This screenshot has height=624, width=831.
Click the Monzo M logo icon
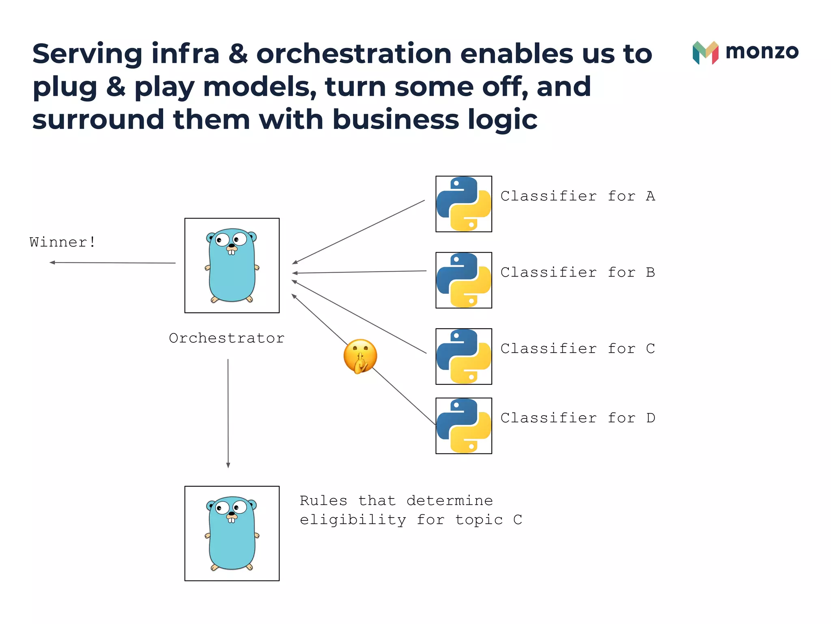pyautogui.click(x=705, y=52)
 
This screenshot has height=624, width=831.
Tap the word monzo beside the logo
pyautogui.click(x=762, y=52)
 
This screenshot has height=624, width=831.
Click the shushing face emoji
pyautogui.click(x=360, y=356)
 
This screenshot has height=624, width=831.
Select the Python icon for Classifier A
pyautogui.click(x=463, y=204)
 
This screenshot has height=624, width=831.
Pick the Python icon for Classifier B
pyautogui.click(x=463, y=280)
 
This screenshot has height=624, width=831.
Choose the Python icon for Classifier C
pyautogui.click(x=463, y=356)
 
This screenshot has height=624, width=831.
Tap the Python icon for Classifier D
pyautogui.click(x=463, y=426)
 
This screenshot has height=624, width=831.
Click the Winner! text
pyautogui.click(x=62, y=242)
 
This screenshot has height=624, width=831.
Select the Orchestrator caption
pyautogui.click(x=226, y=338)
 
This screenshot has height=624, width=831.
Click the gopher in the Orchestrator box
pyautogui.click(x=232, y=266)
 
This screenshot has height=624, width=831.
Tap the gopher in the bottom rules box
pyautogui.click(x=232, y=533)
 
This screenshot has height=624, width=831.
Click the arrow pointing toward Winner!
pyautogui.click(x=112, y=263)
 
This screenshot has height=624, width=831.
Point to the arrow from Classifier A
pyautogui.click(x=358, y=232)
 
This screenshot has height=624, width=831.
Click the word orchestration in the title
pyautogui.click(x=354, y=54)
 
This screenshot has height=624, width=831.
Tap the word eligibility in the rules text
pyautogui.click(x=353, y=520)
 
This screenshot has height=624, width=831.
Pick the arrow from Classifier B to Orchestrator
pyautogui.click(x=359, y=272)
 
